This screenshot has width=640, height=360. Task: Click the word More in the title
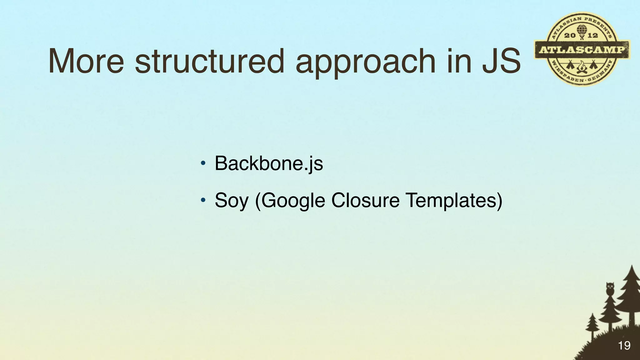86,61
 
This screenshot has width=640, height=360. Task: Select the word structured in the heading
209,61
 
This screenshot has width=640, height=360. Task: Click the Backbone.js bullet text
269,163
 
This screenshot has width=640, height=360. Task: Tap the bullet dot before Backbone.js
203,163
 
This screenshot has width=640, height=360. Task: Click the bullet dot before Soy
203,200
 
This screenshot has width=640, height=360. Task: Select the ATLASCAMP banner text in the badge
582,50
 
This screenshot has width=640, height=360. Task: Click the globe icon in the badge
582,30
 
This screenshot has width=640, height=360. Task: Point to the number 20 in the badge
569,36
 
